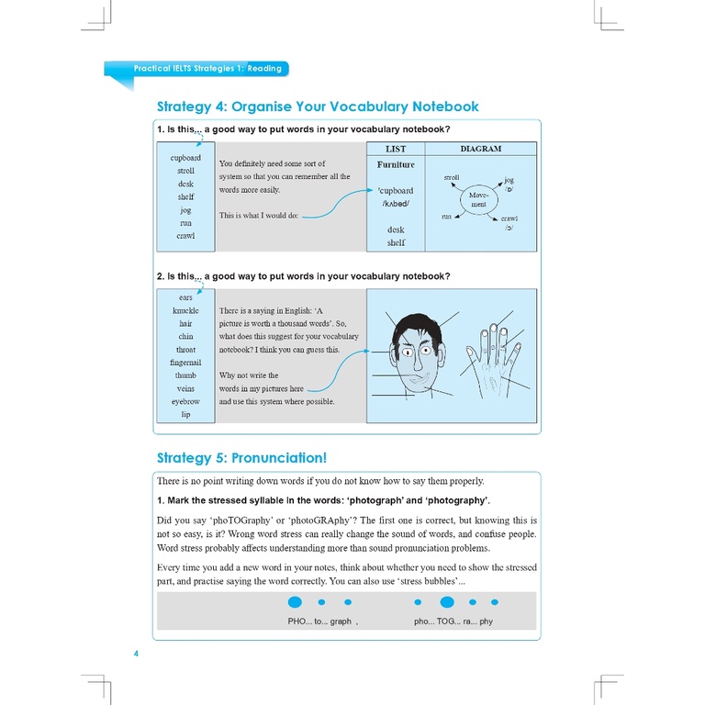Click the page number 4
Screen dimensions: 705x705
[136, 654]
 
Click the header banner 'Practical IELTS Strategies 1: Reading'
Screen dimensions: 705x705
[207, 68]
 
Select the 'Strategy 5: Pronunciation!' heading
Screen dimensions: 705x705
[241, 458]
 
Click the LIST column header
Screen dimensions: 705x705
[396, 149]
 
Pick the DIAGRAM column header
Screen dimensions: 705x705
[480, 149]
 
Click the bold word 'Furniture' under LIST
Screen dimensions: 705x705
[396, 164]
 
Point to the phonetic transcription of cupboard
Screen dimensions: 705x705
[396, 204]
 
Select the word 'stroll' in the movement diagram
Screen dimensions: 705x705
[452, 178]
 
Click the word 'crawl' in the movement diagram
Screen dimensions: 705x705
[509, 218]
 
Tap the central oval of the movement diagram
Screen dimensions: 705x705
[478, 198]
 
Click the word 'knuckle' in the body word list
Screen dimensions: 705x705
[185, 311]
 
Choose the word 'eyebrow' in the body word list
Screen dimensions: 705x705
[185, 401]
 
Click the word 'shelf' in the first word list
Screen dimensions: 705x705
[185, 196]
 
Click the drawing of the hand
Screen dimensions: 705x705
[492, 355]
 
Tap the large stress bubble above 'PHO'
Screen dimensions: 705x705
[295, 603]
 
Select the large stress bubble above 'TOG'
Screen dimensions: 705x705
[447, 603]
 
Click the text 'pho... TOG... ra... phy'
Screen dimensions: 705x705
[453, 621]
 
